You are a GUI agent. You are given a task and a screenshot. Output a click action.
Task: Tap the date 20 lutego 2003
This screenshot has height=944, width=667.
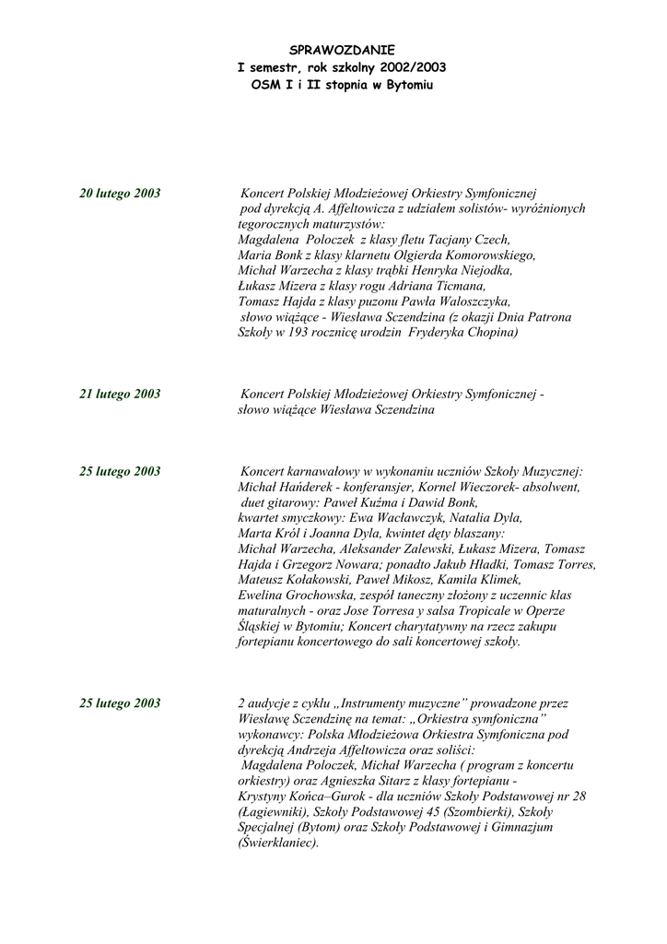[120, 194]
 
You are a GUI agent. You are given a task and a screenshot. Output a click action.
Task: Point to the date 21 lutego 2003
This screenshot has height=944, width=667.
[120, 395]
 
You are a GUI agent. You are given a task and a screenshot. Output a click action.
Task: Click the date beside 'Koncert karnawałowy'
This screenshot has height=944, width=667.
[120, 472]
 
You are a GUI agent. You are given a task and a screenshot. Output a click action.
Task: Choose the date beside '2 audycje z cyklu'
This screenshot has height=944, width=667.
[120, 703]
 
